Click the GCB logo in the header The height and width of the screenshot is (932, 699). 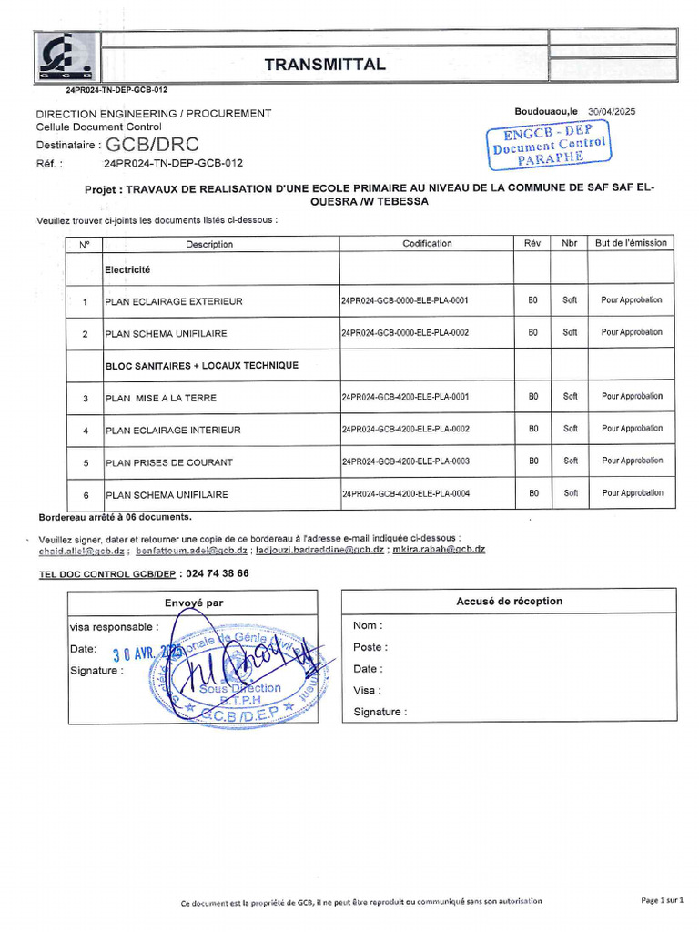(65, 56)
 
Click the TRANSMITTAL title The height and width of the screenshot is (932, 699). (324, 65)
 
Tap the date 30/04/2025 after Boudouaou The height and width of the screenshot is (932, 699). (612, 111)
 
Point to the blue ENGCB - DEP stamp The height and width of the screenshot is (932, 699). (549, 145)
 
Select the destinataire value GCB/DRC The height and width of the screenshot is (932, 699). (152, 145)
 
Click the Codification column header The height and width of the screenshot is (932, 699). (427, 244)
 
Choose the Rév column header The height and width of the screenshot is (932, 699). (532, 243)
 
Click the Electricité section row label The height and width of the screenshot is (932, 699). (127, 270)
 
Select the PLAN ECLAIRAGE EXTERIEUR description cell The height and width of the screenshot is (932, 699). (174, 301)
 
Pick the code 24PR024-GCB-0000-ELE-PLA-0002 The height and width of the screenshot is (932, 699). (405, 333)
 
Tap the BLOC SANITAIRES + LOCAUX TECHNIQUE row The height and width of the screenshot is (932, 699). (201, 366)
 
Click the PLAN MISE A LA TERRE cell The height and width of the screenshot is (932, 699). (161, 399)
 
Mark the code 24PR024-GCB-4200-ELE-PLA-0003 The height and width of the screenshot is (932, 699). (405, 461)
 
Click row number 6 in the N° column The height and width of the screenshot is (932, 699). (85, 495)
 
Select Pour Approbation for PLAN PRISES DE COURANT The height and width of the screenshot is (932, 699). (632, 461)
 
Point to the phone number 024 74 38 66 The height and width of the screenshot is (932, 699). (217, 574)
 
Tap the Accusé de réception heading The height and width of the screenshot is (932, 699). (509, 602)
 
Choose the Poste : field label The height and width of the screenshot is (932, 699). (370, 648)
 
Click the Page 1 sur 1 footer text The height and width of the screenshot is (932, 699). (662, 900)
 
